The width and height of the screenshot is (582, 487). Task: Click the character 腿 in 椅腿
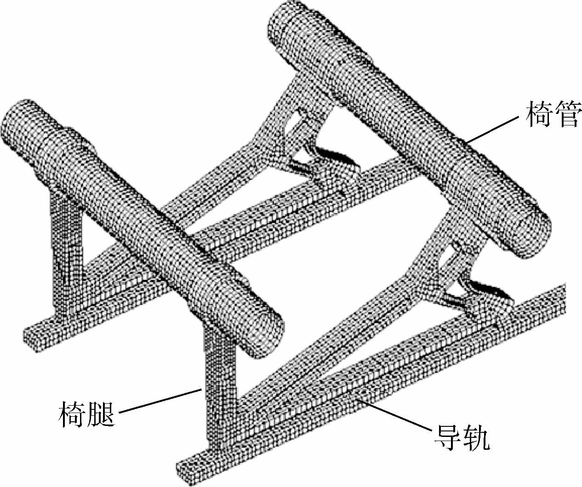tap(101, 413)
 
